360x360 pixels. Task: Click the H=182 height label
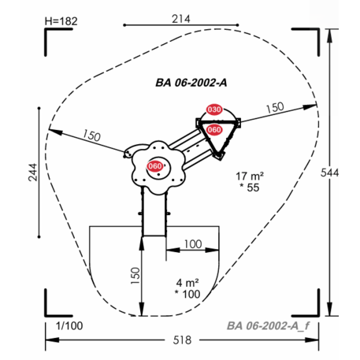click(61, 21)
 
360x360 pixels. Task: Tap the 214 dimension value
click(181, 19)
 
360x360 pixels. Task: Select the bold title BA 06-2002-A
click(191, 83)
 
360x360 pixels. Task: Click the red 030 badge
click(214, 109)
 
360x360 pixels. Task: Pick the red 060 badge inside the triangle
click(214, 130)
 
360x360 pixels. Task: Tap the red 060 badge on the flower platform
click(155, 166)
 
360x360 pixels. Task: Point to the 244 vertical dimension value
click(33, 173)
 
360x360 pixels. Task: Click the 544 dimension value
click(329, 173)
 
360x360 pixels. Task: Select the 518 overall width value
click(182, 340)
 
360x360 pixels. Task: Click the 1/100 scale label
click(69, 326)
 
